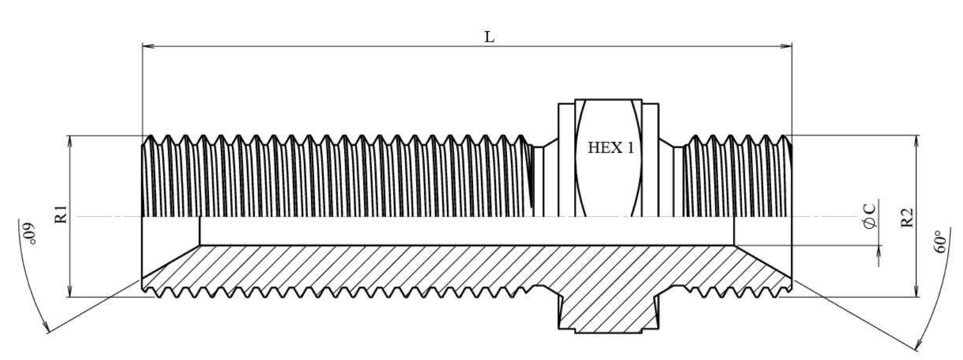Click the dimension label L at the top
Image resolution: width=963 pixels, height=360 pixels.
click(489, 37)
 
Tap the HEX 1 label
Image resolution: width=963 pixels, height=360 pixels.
click(611, 148)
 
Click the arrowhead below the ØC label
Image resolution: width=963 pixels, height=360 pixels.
click(879, 250)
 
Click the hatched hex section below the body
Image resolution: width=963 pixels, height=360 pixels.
click(608, 315)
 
